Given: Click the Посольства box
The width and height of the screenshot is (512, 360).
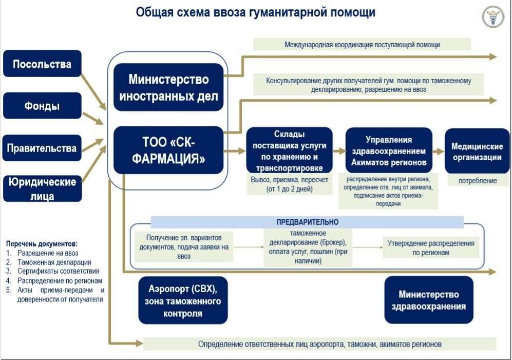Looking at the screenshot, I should tap(42, 64).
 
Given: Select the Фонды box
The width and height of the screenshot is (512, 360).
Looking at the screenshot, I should tap(42, 106).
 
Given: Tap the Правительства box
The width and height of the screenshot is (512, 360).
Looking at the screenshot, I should tap(42, 148).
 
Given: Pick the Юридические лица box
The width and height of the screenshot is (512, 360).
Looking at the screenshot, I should tap(42, 188).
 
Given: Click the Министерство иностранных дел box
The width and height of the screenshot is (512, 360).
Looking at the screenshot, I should tap(168, 87).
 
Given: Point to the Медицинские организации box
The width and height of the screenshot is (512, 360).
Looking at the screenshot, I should tap(477, 151).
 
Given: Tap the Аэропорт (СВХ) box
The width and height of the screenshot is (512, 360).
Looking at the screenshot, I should tap(183, 300).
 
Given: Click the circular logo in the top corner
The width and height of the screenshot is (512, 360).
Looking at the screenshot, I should tap(492, 17).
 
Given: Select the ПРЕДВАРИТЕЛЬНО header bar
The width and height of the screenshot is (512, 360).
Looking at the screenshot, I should tap(307, 222).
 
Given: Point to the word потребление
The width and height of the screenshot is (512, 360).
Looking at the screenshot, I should tap(478, 181).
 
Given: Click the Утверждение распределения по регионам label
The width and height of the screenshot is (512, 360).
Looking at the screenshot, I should tap(431, 248).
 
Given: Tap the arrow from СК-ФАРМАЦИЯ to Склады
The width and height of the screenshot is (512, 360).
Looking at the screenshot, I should tap(236, 151).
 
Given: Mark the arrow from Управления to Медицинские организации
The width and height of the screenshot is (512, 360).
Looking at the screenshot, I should tap(438, 151).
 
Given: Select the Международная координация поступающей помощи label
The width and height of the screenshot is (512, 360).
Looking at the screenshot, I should tap(362, 45).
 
